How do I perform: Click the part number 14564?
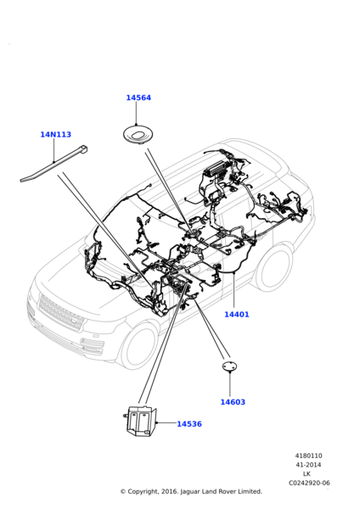(x=138, y=98)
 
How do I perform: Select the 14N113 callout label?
(x=55, y=134)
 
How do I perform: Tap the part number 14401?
(x=237, y=314)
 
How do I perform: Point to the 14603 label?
(x=233, y=402)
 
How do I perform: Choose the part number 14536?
(x=189, y=424)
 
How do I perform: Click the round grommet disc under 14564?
(x=138, y=135)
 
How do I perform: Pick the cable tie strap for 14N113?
(x=53, y=164)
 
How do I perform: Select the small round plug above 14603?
(x=230, y=366)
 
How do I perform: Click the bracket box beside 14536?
(x=140, y=421)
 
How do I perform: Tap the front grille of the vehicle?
(x=60, y=312)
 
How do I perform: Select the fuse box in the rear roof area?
(x=216, y=171)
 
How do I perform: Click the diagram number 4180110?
(x=309, y=456)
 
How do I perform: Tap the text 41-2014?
(x=308, y=465)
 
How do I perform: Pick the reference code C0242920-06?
(x=309, y=483)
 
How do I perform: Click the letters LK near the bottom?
(x=307, y=474)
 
